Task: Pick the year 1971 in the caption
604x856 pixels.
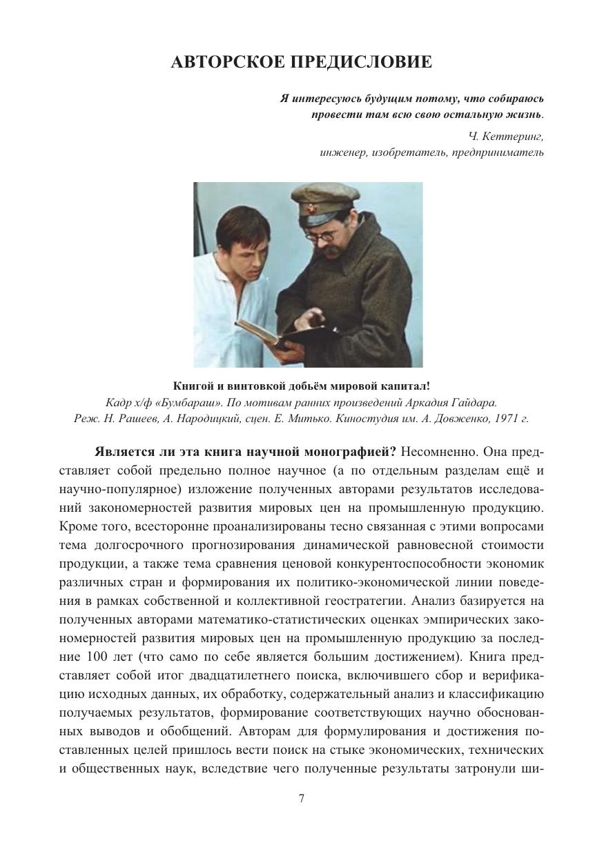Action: click(x=506, y=419)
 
